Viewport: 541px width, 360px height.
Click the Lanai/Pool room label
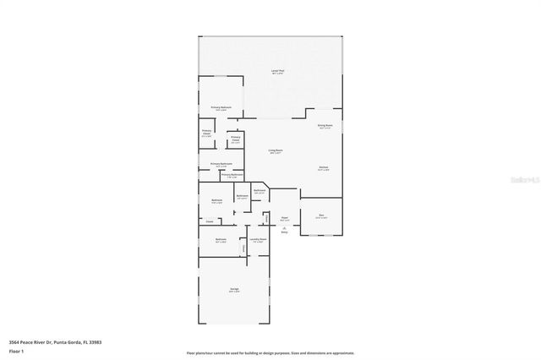tap(277, 71)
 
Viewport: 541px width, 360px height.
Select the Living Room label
tap(276, 150)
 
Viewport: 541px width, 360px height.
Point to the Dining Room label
tap(325, 126)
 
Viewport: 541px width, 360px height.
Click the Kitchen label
tap(324, 167)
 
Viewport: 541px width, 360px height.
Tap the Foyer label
tap(285, 218)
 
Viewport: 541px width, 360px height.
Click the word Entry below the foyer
tap(285, 232)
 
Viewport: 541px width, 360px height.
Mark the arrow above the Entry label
tap(285, 227)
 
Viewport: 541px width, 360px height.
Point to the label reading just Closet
tap(209, 221)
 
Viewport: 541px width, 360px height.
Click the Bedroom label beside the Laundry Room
tap(221, 239)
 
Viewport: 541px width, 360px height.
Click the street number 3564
tap(14, 341)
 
